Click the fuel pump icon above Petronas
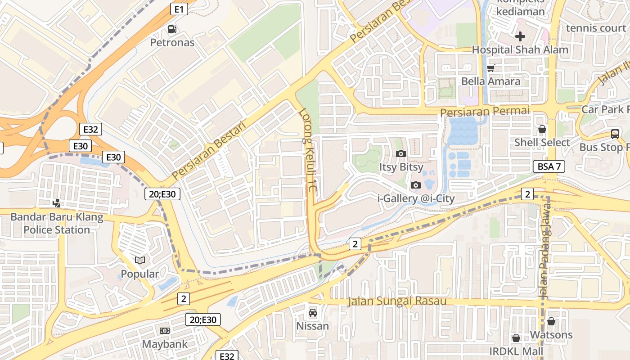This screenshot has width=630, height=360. [172, 30]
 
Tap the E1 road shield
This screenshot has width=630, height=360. [179, 9]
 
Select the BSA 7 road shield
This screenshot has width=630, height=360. [549, 166]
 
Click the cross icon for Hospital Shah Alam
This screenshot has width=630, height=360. [520, 36]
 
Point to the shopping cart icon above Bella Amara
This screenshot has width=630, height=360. [490, 68]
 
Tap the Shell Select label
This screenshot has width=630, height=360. [542, 143]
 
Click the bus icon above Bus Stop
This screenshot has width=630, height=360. [615, 134]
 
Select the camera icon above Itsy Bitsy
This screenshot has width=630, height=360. [401, 154]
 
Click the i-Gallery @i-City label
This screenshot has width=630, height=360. [416, 198]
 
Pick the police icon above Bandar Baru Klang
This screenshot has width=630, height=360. [57, 203]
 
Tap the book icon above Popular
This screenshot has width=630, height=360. [140, 261]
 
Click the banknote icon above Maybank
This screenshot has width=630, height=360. [164, 331]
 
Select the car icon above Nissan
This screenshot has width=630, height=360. [312, 312]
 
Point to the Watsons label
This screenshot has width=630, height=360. [551, 335]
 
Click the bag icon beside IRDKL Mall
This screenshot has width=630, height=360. [516, 338]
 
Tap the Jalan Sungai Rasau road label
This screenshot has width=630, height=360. [396, 301]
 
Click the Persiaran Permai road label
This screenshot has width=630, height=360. [485, 111]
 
